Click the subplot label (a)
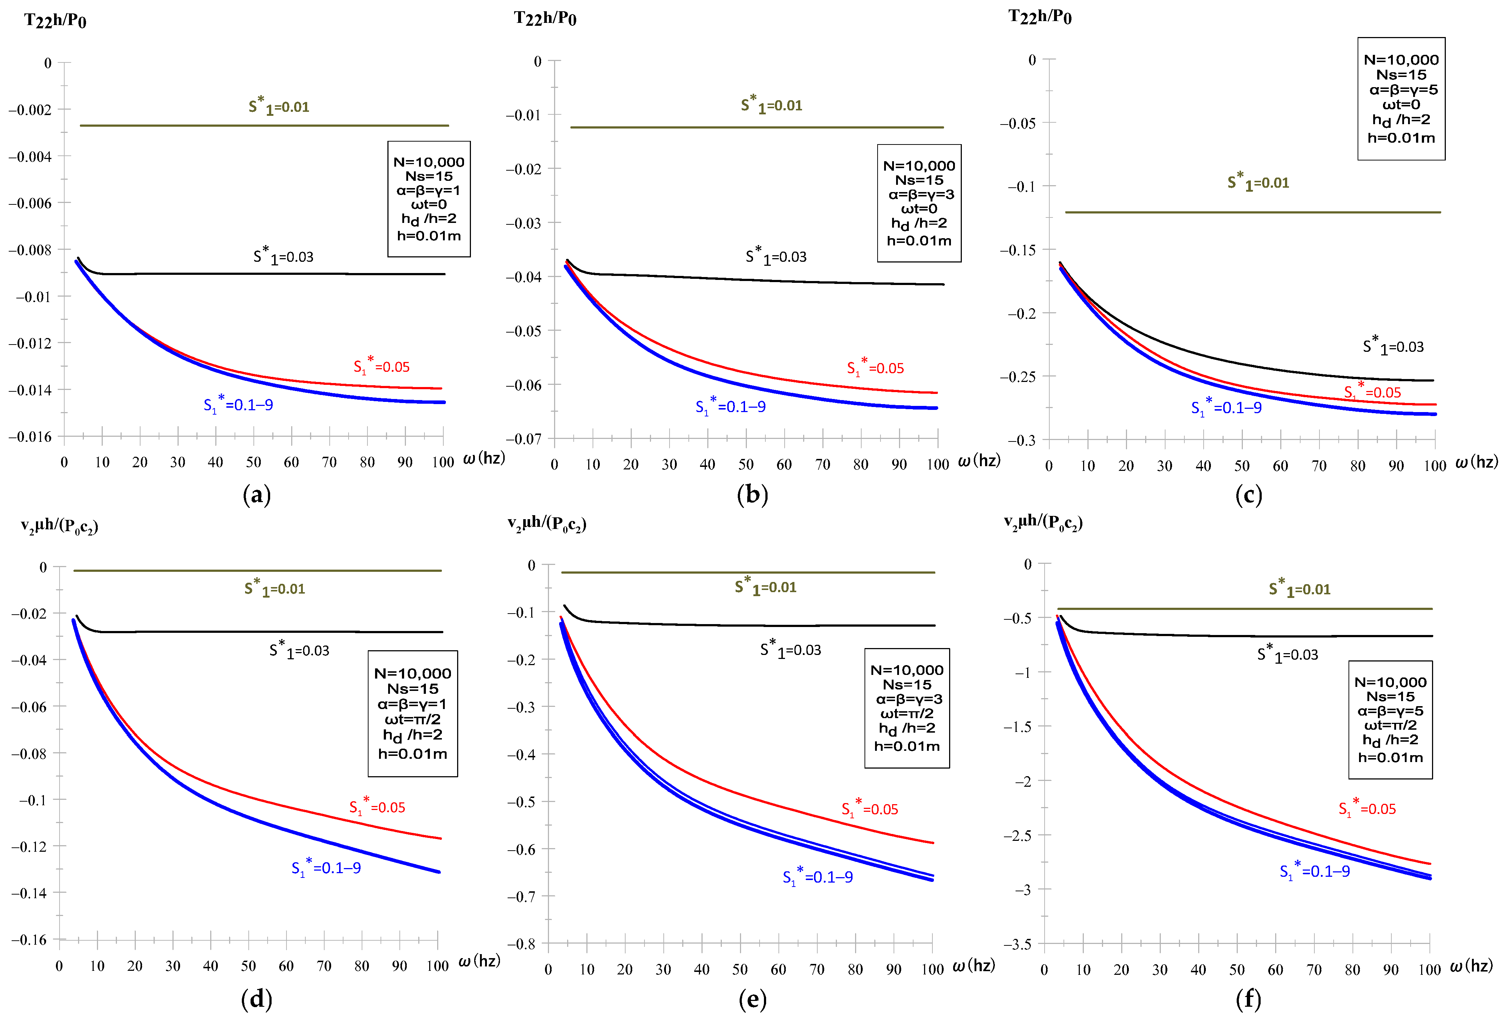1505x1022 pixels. point(256,495)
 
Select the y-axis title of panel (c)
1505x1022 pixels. point(1040,17)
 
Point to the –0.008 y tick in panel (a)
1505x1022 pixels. point(30,250)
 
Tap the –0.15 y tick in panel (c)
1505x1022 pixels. point(1017,250)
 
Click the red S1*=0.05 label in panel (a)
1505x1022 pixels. point(382,367)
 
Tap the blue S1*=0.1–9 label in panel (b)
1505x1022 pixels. point(731,407)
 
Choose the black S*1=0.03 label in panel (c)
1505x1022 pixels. point(1393,346)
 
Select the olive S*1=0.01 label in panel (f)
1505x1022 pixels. point(1299,589)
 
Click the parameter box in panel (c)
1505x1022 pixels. point(1401,98)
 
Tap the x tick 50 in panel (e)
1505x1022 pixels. point(740,970)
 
